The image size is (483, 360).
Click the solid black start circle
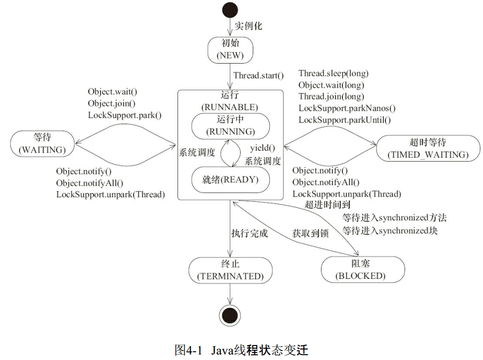230,10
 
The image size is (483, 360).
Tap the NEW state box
230,50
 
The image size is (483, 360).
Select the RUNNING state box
230,126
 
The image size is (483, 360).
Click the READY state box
230,180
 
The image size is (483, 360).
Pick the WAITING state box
43,144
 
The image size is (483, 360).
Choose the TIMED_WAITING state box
428,148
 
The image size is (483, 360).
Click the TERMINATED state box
230,270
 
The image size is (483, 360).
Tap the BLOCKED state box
363,269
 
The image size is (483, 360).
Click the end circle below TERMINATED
230,315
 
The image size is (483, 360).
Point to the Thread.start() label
258,76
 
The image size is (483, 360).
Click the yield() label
262,148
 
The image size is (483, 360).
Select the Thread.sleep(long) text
334,74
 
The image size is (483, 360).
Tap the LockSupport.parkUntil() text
345,120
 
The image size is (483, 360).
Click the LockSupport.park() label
125,115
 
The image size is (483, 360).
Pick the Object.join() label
112,103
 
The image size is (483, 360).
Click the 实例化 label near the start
248,26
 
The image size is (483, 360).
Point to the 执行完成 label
250,233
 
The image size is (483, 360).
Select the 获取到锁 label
310,233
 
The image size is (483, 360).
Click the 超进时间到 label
327,204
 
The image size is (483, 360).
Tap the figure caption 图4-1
188,350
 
